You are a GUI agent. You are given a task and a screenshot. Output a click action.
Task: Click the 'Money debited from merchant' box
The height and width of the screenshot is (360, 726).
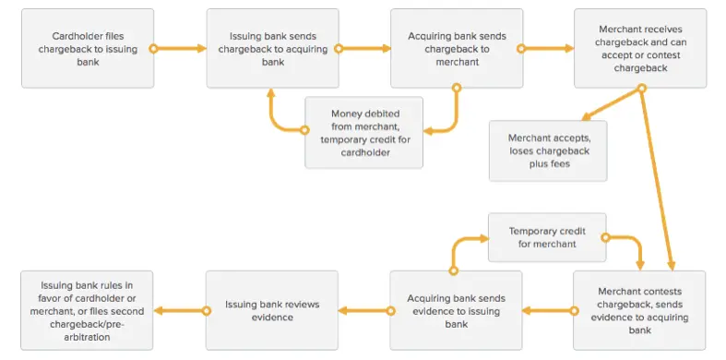(x=363, y=132)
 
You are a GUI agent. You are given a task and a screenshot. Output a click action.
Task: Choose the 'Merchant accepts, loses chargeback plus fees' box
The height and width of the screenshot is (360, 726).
(x=548, y=150)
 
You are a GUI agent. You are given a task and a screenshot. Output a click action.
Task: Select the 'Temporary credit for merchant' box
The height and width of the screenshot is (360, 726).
(x=547, y=236)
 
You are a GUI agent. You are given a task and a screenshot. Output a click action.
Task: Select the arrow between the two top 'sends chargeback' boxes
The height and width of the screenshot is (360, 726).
(x=363, y=48)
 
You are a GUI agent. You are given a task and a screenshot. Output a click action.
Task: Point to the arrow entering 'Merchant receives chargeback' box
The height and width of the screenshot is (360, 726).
(x=548, y=48)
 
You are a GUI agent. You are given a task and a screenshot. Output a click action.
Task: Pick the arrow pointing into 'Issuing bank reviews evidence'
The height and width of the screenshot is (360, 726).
(x=363, y=310)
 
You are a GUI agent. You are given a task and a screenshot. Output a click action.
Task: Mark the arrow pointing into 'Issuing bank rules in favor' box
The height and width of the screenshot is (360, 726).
(x=179, y=310)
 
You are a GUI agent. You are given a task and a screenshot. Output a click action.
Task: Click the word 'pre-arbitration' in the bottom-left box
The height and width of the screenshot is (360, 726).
(x=88, y=337)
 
